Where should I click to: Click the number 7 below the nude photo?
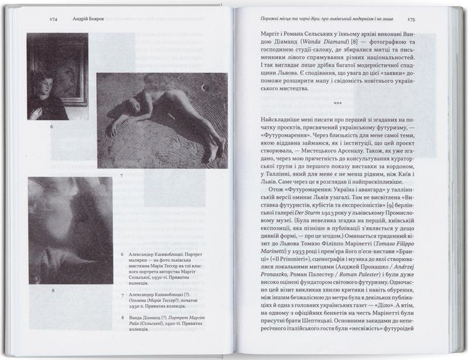tap(122, 175)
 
